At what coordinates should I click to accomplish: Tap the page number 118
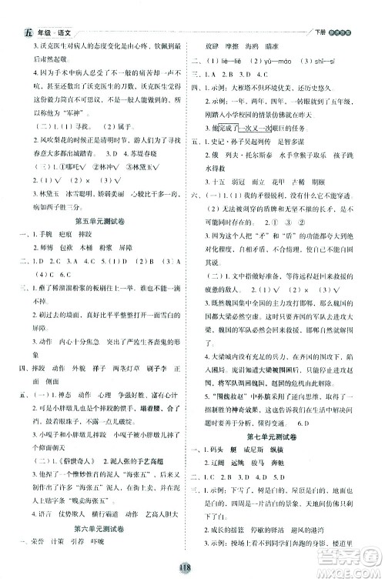[192, 567]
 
